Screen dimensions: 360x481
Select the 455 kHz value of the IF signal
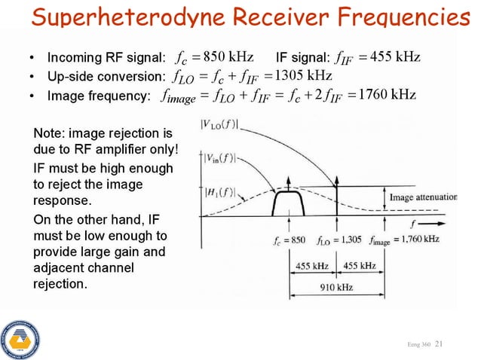click(x=396, y=57)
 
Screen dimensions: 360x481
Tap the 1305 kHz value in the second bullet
click(x=304, y=76)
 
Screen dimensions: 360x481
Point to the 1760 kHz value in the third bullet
click(x=388, y=95)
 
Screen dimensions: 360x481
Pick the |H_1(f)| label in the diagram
click(x=219, y=191)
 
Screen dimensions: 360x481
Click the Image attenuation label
click(x=423, y=197)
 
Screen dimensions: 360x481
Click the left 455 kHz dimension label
click(x=311, y=266)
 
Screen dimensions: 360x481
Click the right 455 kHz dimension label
click(x=360, y=266)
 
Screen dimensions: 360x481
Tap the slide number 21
click(x=440, y=344)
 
